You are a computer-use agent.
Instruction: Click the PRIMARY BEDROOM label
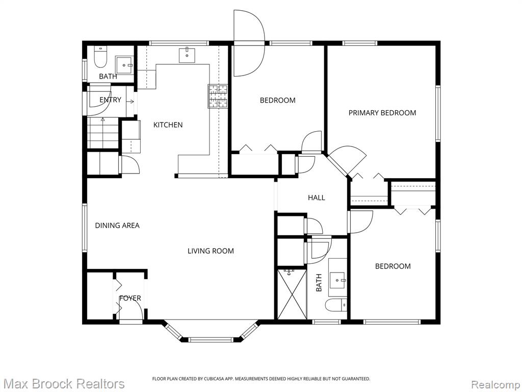pos(382,113)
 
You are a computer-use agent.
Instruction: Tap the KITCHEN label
pos(168,125)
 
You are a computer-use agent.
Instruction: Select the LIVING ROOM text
pos(211,251)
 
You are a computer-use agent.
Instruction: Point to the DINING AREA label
pos(117,225)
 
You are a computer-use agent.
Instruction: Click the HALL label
pos(316,198)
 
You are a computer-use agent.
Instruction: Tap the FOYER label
pos(130,298)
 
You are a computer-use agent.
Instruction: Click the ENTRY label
pos(110,100)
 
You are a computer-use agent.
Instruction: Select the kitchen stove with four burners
pos(218,96)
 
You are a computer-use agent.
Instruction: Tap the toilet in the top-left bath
pos(100,57)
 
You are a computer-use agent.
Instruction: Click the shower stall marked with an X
pos(292,295)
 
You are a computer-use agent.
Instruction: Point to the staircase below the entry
pos(103,132)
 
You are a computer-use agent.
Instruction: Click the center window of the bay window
pos(211,339)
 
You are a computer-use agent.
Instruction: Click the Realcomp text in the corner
pos(495,384)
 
